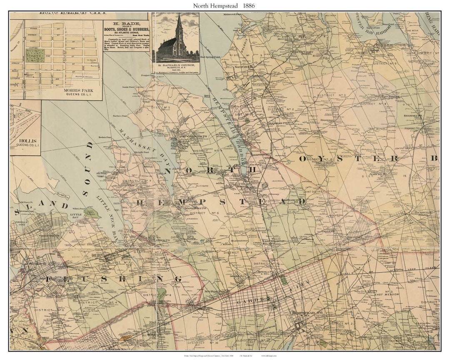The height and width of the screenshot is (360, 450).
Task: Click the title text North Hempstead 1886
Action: tap(224, 6)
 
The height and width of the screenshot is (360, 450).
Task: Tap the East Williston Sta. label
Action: tap(273, 242)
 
